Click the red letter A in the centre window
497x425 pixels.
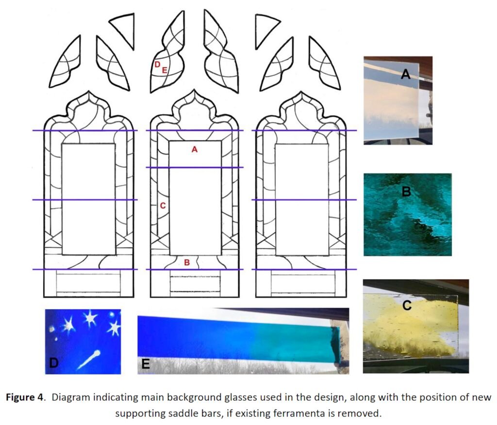pos(195,149)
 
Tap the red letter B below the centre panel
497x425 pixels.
pos(187,262)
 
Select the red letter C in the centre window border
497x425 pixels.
pos(163,205)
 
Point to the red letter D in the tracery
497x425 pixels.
pos(157,64)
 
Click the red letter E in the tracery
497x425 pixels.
pos(165,70)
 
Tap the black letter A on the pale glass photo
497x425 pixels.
pos(406,74)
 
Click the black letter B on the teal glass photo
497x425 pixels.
pos(406,191)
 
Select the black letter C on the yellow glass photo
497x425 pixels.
pos(407,305)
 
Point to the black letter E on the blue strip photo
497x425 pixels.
pos(146,364)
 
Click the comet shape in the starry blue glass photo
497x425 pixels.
pos(89,360)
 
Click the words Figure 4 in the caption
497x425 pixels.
pos(24,397)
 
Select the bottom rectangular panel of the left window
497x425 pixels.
pos(88,283)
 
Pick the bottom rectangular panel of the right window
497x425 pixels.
pos(303,283)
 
